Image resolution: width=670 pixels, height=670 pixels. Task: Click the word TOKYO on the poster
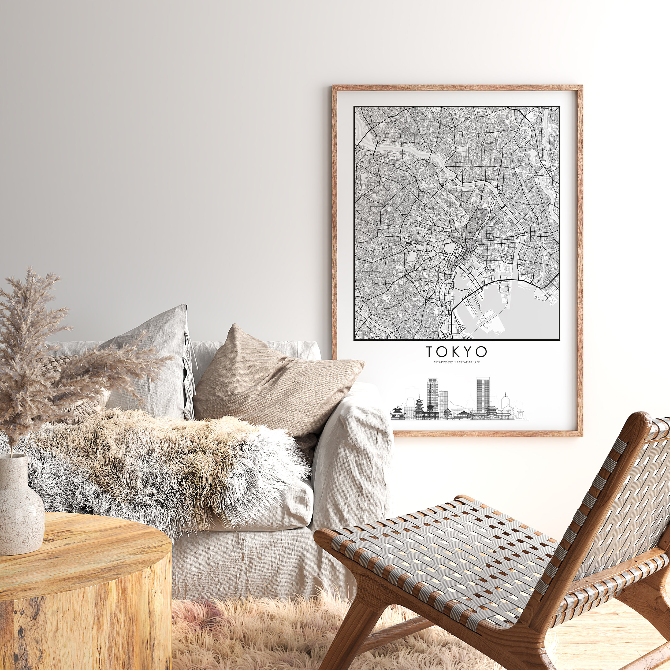click(456, 352)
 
